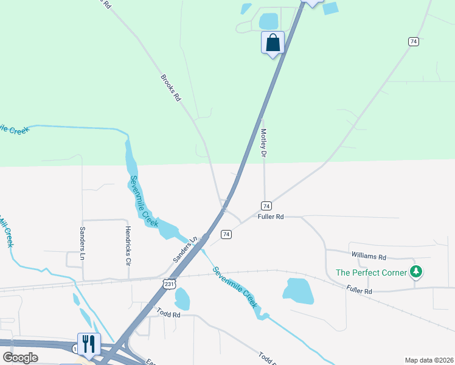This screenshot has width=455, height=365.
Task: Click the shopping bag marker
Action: [x=273, y=43]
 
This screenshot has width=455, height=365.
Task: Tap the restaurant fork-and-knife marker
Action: [x=89, y=344]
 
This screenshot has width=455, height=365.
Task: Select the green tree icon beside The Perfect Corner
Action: [x=416, y=271]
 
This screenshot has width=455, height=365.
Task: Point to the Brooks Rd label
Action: [x=171, y=88]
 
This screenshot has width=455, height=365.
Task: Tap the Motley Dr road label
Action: [x=264, y=144]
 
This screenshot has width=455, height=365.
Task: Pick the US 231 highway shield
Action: [x=169, y=283]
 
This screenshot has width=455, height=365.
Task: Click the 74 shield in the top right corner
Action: [x=414, y=41]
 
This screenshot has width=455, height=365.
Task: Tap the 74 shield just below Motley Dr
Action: [x=266, y=206]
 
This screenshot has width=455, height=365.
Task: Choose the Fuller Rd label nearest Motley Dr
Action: [x=271, y=217]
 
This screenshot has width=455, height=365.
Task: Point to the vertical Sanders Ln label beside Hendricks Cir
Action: [x=83, y=243]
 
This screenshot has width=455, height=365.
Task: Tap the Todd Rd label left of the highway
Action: [x=168, y=315]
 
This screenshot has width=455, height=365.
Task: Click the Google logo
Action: [x=20, y=358]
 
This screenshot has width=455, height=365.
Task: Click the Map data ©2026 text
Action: [x=429, y=360]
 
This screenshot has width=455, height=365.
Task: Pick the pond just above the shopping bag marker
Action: [x=268, y=21]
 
